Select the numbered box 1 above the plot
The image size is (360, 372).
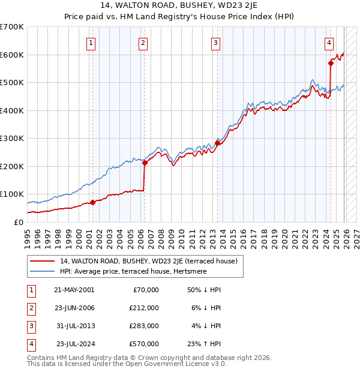(x=91, y=43)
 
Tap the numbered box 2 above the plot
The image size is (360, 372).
(x=143, y=43)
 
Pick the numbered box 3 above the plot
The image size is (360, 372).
(x=215, y=43)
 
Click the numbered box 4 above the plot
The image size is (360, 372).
(x=329, y=43)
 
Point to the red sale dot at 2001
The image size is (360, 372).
(x=92, y=202)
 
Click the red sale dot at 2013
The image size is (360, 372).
(x=217, y=143)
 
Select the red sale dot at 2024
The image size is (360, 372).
(x=331, y=62)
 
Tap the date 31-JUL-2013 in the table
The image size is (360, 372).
(x=75, y=326)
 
